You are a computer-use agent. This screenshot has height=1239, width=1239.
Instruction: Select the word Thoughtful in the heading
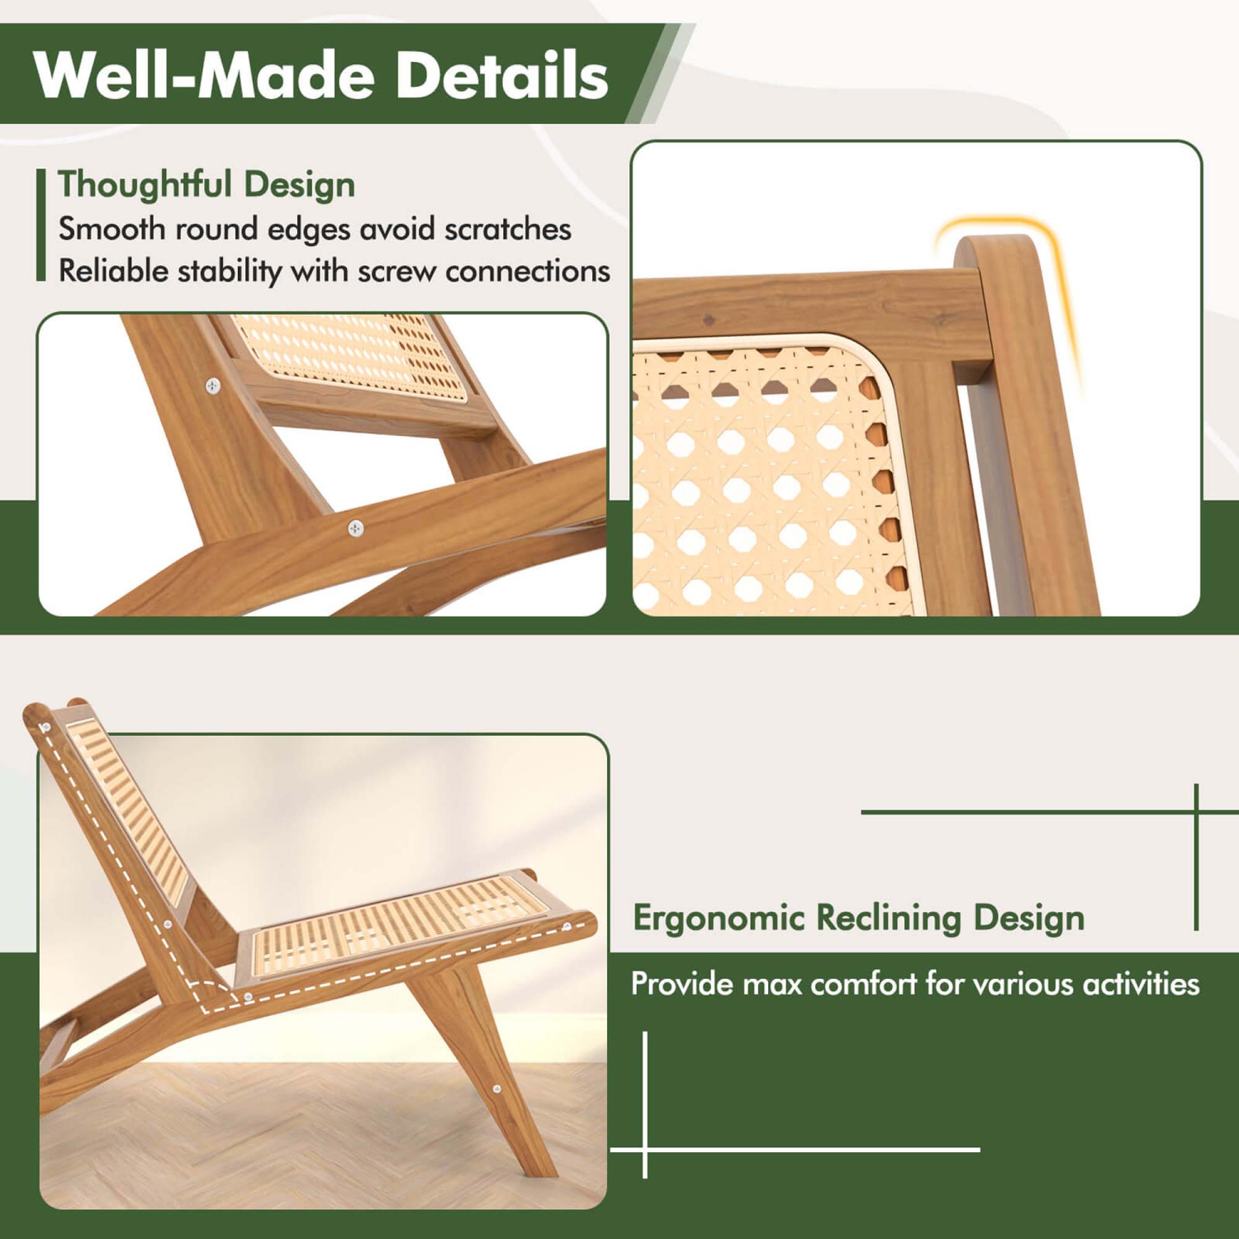145,184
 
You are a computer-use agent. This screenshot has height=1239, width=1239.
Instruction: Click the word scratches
508,229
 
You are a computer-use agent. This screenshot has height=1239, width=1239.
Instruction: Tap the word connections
528,271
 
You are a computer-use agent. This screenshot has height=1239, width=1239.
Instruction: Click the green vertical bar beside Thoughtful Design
40,225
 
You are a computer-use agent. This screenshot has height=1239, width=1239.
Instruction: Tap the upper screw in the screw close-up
213,386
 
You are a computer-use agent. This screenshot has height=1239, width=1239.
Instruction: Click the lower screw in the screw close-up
355,528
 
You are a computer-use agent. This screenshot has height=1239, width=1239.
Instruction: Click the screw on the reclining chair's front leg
496,1089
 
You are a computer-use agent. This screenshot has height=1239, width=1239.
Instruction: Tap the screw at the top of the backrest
45,727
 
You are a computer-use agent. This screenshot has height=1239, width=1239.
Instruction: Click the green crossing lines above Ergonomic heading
1196,812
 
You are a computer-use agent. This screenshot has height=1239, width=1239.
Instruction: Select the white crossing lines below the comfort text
644,1149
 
